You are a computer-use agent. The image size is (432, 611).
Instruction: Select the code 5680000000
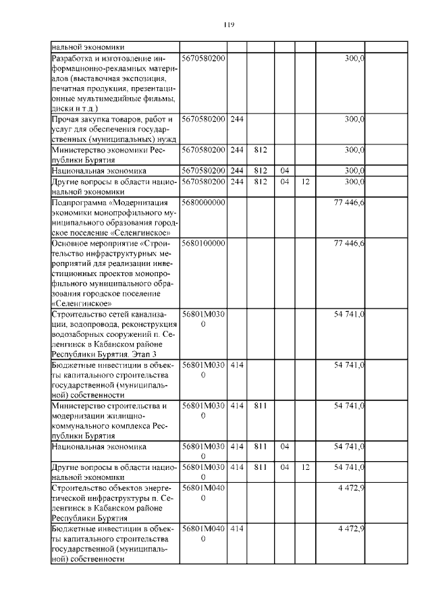point(203,203)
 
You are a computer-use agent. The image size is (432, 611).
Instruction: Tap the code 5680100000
point(203,242)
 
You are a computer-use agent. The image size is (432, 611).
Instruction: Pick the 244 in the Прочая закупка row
point(236,119)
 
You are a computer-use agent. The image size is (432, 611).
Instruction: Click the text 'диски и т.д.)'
point(75,107)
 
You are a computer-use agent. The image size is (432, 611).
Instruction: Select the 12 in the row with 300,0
point(306,182)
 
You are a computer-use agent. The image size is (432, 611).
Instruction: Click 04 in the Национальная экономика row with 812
point(284,171)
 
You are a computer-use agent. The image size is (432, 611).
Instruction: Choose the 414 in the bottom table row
point(236,529)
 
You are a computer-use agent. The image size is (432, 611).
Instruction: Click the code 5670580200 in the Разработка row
point(203,59)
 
